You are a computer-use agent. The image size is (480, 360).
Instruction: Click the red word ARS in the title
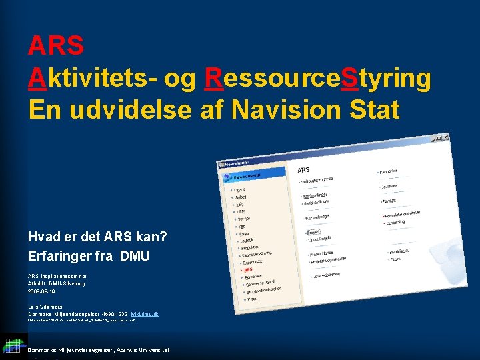[56, 46]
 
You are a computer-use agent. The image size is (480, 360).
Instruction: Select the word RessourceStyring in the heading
[317, 78]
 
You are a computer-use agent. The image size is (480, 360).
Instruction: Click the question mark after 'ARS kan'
[164, 237]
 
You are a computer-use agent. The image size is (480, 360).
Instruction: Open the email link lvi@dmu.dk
[145, 313]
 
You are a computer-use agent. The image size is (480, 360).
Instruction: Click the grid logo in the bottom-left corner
[13, 345]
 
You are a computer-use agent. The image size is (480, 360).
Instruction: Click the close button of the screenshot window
[439, 138]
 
